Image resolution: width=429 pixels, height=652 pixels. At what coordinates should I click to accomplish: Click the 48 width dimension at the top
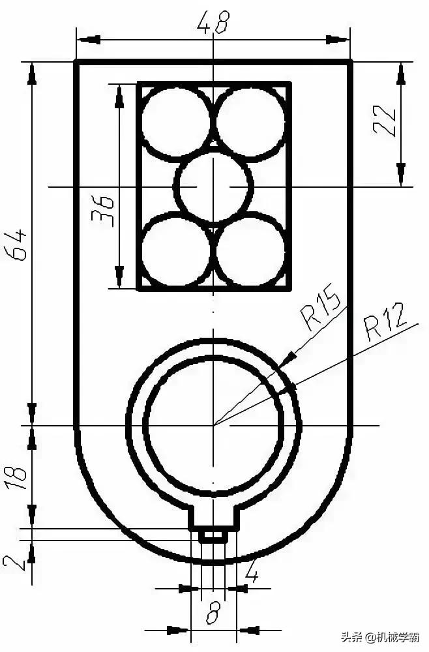[x=213, y=24]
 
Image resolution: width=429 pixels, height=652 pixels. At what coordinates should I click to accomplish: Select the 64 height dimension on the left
[x=20, y=244]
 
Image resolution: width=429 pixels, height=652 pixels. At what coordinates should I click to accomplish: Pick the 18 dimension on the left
[x=20, y=477]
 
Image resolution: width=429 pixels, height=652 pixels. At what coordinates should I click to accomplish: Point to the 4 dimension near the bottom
[x=252, y=574]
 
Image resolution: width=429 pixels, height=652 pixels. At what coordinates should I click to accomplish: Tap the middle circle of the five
[x=213, y=186]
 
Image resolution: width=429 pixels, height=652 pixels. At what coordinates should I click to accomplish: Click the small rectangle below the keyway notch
[x=213, y=535]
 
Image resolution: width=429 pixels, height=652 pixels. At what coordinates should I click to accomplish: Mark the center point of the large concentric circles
[x=213, y=426]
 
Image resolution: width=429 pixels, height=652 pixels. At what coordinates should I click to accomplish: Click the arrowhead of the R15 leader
[x=286, y=357]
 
